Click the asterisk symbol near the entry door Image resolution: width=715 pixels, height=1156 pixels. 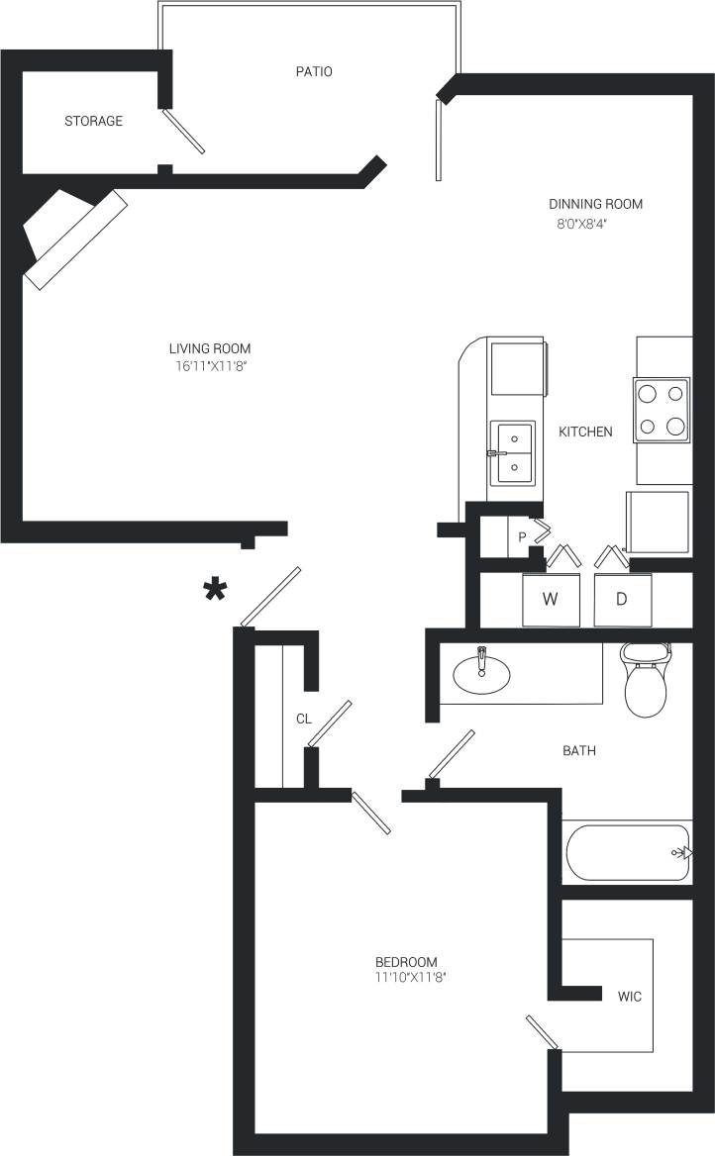215,590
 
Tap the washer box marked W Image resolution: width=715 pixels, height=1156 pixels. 551,599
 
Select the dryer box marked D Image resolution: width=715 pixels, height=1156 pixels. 623,599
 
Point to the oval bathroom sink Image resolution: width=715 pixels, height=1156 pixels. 481,675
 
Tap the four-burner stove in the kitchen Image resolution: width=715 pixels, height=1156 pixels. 663,410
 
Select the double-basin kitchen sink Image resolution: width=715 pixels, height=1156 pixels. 513,451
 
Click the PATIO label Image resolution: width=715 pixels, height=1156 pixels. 314,72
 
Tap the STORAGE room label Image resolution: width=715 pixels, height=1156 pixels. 94,122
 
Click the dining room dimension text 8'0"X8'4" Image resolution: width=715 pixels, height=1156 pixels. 596,223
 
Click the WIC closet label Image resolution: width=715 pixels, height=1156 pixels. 630,997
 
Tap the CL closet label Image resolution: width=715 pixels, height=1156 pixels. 304,720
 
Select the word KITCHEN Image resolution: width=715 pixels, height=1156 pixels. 585,433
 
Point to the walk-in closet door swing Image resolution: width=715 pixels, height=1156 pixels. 542,1032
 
